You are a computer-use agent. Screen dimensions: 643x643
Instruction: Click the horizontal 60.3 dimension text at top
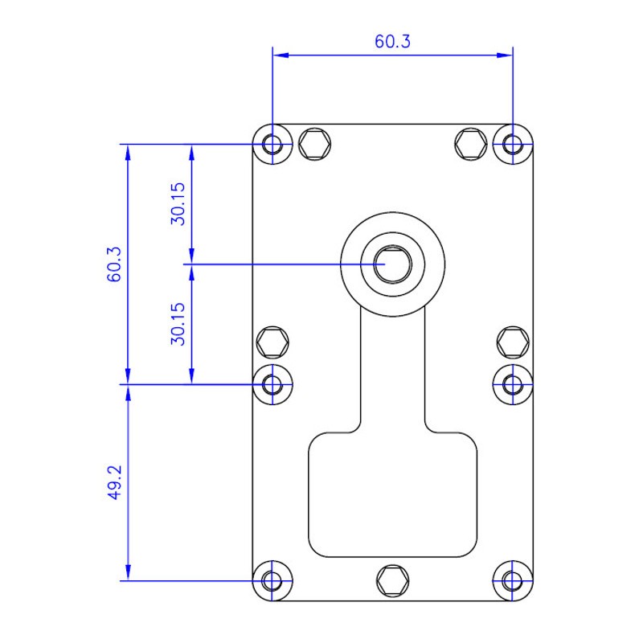(x=392, y=42)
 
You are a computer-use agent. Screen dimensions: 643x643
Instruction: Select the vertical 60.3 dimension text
(x=114, y=264)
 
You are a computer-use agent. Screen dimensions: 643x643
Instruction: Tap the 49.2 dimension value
(x=114, y=482)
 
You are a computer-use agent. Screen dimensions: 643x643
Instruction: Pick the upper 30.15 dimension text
(x=178, y=204)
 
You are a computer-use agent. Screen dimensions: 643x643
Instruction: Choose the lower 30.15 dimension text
(x=178, y=324)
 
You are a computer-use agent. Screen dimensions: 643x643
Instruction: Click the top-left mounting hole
(x=272, y=145)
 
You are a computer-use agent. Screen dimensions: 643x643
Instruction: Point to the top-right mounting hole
(x=513, y=145)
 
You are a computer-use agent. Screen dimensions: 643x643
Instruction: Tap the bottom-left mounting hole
(x=272, y=580)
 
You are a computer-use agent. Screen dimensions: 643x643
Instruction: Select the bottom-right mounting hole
(x=513, y=580)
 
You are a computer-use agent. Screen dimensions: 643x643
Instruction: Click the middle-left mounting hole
(x=272, y=385)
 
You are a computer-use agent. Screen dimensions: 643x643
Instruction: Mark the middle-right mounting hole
(x=513, y=385)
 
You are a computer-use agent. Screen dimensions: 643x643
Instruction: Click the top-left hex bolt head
(x=314, y=145)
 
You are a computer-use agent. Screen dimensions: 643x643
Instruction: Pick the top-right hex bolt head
(x=471, y=145)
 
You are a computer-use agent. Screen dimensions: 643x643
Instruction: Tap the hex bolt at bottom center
(x=392, y=580)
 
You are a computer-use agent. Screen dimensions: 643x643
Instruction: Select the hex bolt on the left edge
(x=272, y=342)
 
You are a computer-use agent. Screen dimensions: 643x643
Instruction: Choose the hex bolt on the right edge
(x=513, y=342)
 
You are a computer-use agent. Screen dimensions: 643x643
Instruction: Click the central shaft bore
(x=392, y=264)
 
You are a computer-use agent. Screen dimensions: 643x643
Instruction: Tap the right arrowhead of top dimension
(x=505, y=55)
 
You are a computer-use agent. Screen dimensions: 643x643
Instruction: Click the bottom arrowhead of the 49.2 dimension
(x=128, y=572)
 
